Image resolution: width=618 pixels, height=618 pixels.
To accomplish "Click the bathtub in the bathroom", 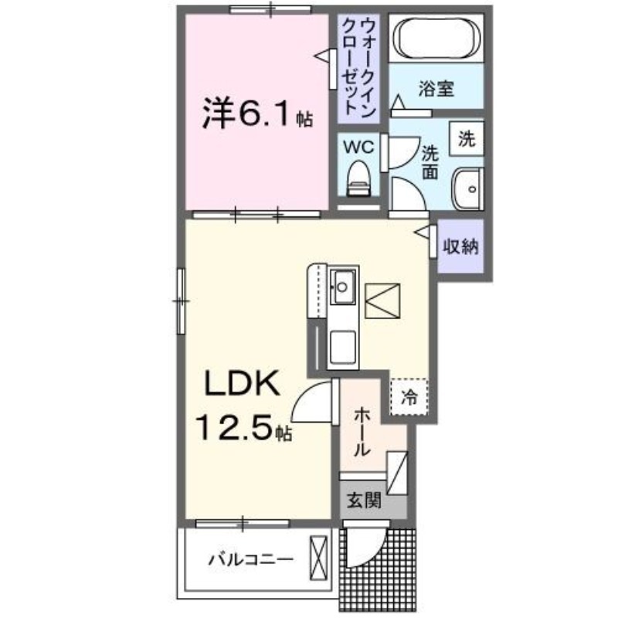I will coord(438,38).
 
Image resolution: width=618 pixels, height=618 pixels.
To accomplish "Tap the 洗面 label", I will coord(430,162).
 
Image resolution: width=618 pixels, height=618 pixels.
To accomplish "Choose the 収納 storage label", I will coord(460,246).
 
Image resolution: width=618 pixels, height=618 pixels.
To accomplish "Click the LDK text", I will coord(240,383).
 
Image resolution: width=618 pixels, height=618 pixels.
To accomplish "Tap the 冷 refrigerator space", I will coord(409,397).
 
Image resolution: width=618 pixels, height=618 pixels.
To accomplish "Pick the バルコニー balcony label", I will coord(250,558).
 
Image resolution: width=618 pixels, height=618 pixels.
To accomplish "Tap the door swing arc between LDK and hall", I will coord(313,402).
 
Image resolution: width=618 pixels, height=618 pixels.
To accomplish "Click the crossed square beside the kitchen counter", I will coord(383,301).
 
